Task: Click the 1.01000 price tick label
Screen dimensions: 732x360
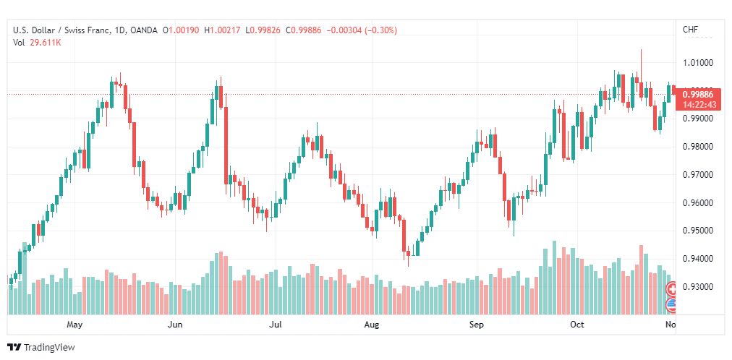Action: (698, 63)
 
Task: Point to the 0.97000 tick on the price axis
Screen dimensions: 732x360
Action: (698, 175)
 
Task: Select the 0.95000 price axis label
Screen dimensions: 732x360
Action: (698, 231)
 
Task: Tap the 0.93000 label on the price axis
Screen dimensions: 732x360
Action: (698, 287)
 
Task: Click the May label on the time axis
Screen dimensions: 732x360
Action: (75, 325)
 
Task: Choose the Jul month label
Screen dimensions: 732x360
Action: (276, 325)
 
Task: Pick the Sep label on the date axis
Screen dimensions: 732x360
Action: (476, 325)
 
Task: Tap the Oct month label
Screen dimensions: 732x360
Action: (577, 325)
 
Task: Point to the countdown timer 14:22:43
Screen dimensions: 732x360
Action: (699, 105)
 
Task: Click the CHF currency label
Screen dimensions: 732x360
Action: (691, 30)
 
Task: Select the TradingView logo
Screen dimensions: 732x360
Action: (41, 348)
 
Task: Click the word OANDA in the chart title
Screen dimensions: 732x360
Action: (144, 30)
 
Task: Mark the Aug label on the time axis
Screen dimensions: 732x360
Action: (372, 325)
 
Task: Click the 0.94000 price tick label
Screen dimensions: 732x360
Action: (698, 259)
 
